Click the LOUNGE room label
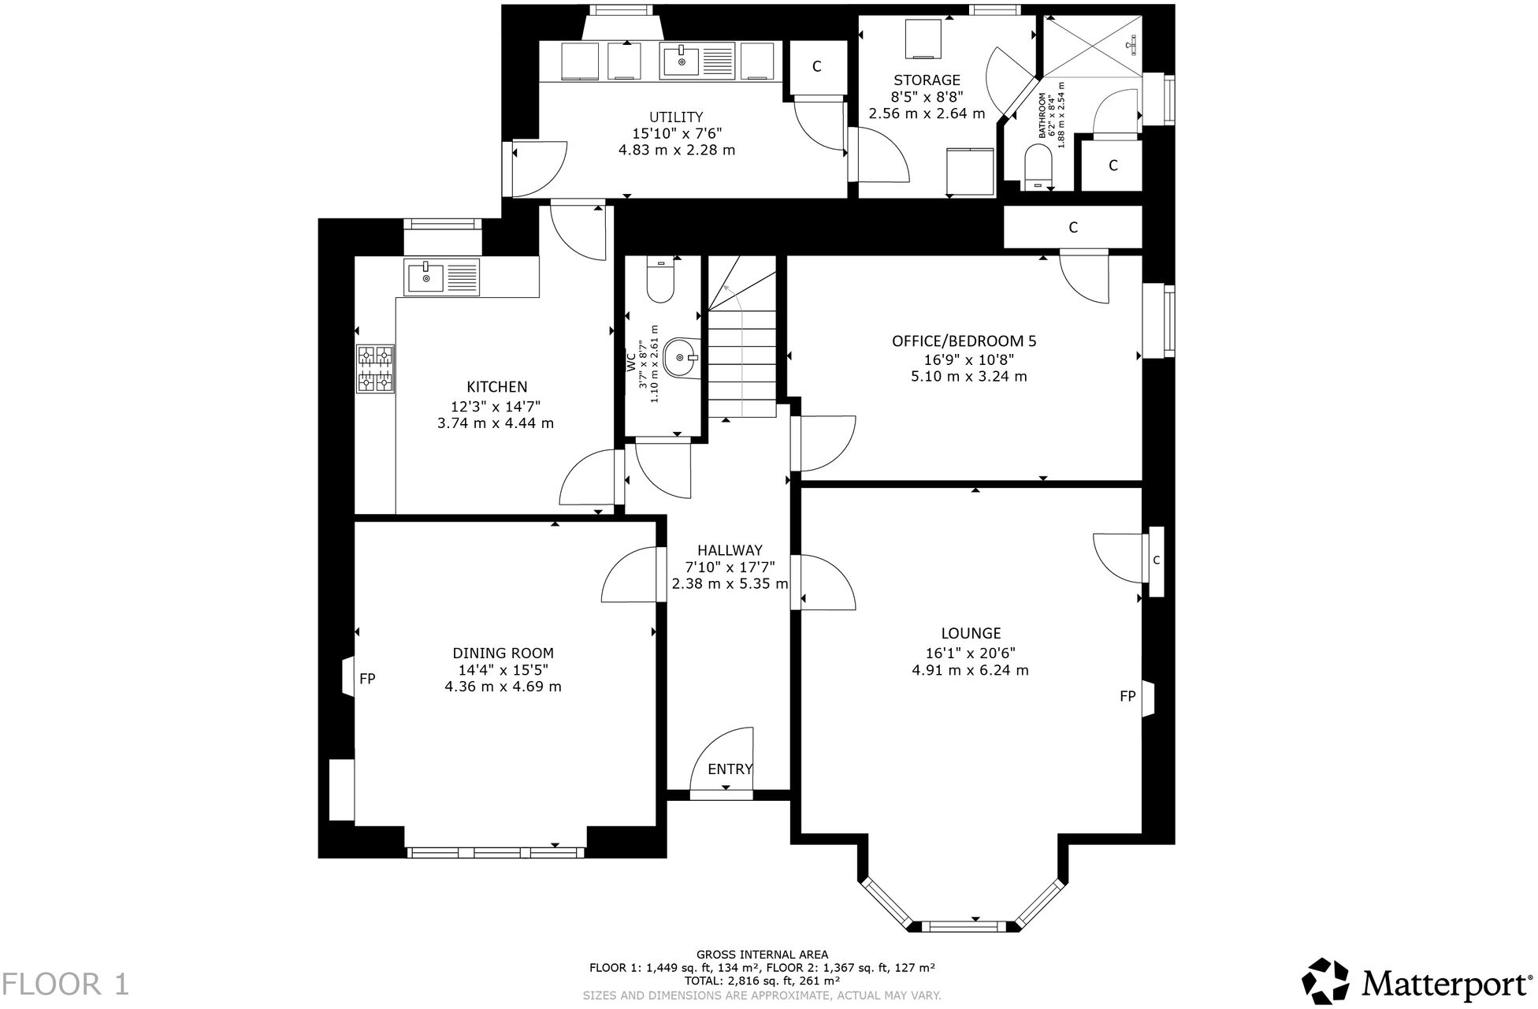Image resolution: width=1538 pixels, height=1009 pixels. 971,633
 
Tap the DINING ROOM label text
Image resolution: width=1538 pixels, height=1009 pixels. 503,653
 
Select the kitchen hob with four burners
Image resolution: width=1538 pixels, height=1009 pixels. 376,368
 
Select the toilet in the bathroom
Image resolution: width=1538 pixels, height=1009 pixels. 1042,167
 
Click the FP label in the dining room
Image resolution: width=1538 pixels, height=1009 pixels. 367,678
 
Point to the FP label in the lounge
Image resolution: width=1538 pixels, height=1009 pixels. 1127,696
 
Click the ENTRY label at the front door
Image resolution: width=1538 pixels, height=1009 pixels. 730,769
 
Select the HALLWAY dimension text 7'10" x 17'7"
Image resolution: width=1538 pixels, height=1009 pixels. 730,567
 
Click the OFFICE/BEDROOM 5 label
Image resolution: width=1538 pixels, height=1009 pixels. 964,341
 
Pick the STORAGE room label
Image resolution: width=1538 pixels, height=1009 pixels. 927,80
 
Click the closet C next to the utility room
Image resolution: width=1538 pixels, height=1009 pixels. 817,67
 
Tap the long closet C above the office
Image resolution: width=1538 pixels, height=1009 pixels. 1072,228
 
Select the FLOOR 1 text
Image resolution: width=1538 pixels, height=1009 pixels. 65,985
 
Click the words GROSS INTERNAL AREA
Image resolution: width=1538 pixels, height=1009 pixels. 762,955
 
